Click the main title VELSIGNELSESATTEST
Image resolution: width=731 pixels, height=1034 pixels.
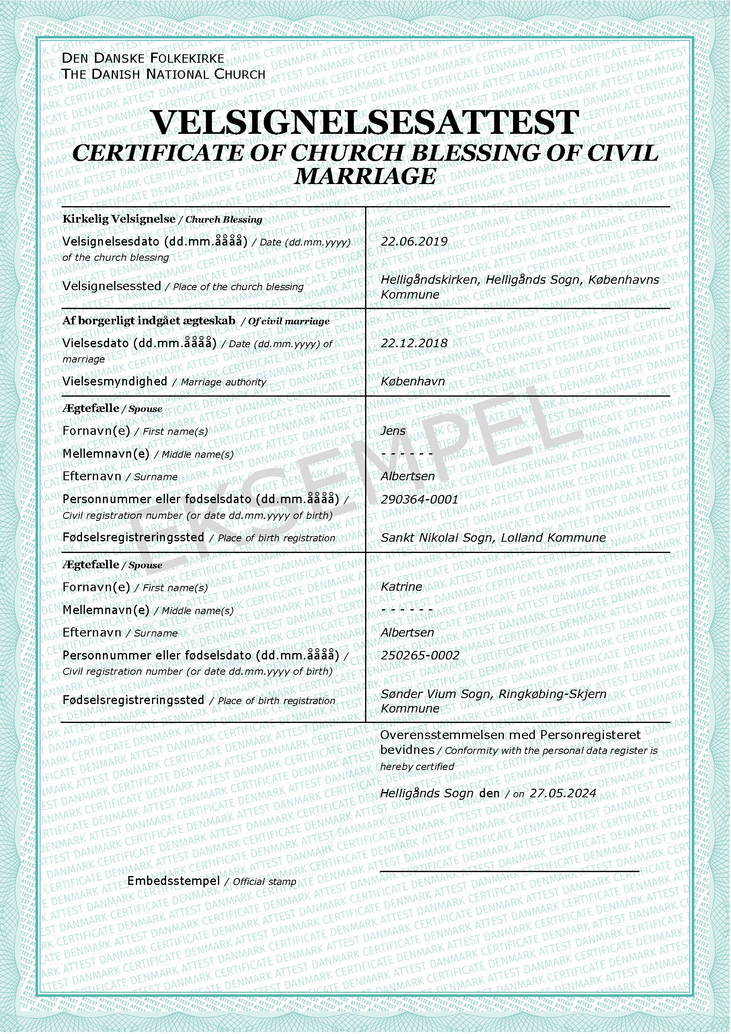365,122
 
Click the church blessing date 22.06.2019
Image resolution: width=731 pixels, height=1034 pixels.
414,242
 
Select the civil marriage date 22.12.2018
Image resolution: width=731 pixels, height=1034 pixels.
414,343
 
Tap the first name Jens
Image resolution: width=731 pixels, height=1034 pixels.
393,430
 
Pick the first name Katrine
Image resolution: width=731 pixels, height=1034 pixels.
401,587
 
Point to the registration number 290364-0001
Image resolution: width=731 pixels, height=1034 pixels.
419,500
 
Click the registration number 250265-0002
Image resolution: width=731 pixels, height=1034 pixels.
420,655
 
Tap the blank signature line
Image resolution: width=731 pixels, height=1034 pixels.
509,871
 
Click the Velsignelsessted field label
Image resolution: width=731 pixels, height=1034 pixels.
112,286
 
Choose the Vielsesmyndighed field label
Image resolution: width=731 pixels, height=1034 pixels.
115,381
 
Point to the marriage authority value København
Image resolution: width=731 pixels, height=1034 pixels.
413,381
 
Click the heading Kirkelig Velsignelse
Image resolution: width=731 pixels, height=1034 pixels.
119,219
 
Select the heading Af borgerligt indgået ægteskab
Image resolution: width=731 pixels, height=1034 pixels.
149,321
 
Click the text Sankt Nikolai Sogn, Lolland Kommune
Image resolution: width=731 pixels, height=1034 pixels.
493,538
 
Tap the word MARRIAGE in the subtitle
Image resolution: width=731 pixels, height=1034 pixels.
365,176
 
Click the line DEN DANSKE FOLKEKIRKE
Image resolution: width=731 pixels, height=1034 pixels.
143,58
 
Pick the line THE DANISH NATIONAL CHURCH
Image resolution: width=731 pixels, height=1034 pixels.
163,74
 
